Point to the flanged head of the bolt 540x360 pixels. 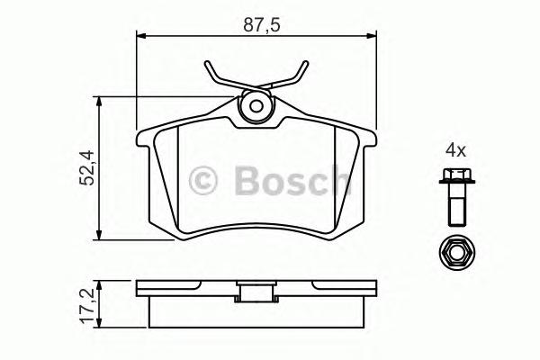coord(454,177)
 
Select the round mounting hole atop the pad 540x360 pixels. coord(256,107)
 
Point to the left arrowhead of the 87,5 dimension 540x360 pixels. coord(140,36)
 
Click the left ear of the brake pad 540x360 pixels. coord(144,139)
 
